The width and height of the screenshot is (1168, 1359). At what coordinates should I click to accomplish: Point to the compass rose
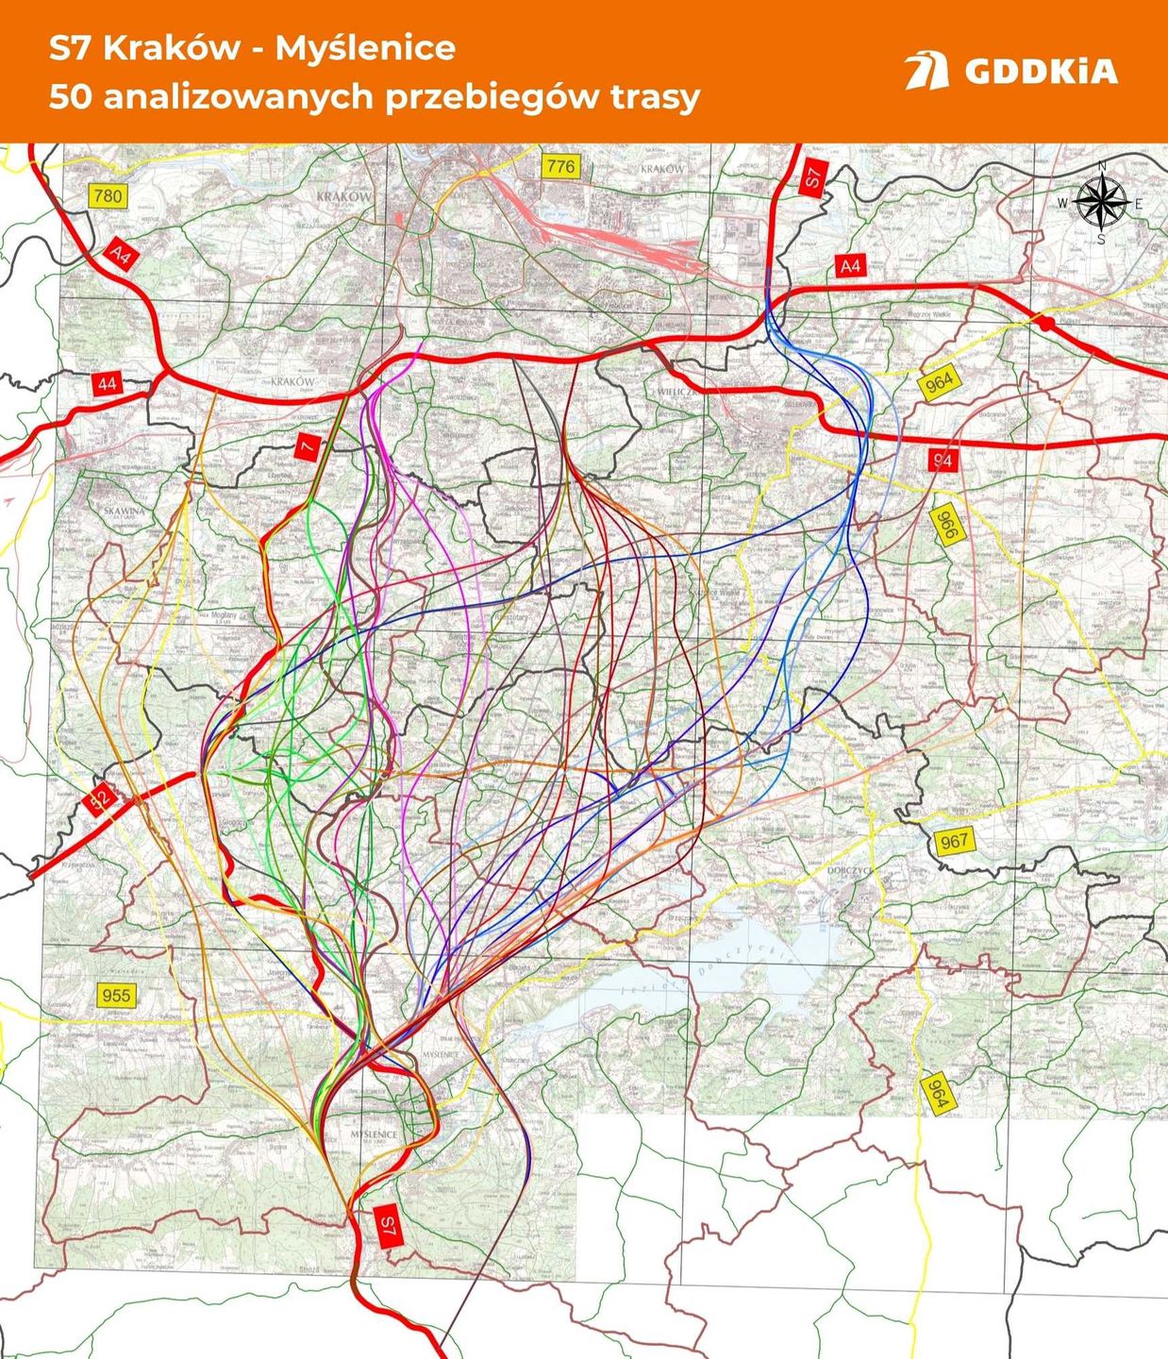coord(1101,202)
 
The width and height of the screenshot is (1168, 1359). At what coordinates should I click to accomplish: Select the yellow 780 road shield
coord(108,195)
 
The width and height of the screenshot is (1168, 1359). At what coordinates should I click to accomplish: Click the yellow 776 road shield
coord(559,167)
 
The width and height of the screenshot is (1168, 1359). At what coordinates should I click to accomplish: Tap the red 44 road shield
coord(107,383)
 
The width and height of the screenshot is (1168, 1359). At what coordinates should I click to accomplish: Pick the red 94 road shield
coord(941,460)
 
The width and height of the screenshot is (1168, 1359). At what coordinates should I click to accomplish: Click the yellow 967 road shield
coord(953,841)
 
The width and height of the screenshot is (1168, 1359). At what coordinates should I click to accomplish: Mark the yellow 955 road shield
coord(116,996)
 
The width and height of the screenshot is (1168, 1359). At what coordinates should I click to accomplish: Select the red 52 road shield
coord(99,799)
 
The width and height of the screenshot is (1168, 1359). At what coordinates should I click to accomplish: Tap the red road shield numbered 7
coord(308,446)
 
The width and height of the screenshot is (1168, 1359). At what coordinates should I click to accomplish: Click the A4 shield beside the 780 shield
coord(120,255)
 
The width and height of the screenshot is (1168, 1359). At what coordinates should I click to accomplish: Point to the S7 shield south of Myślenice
coord(386,1226)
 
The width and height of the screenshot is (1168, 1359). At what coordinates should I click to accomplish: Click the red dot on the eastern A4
coord(1045,324)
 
